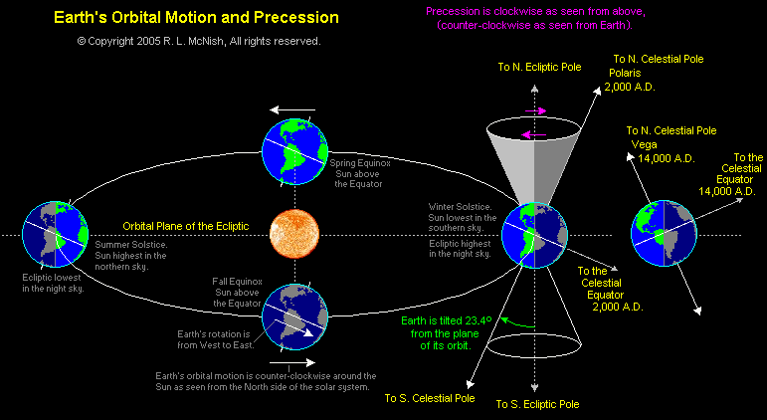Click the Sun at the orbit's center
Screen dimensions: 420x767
[294, 235]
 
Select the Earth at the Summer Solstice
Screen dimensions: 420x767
[55, 234]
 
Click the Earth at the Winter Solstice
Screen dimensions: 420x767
[533, 235]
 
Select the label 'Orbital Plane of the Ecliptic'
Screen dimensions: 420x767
[184, 225]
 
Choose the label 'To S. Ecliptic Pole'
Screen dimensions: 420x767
[537, 405]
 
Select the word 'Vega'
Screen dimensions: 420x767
[644, 144]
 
